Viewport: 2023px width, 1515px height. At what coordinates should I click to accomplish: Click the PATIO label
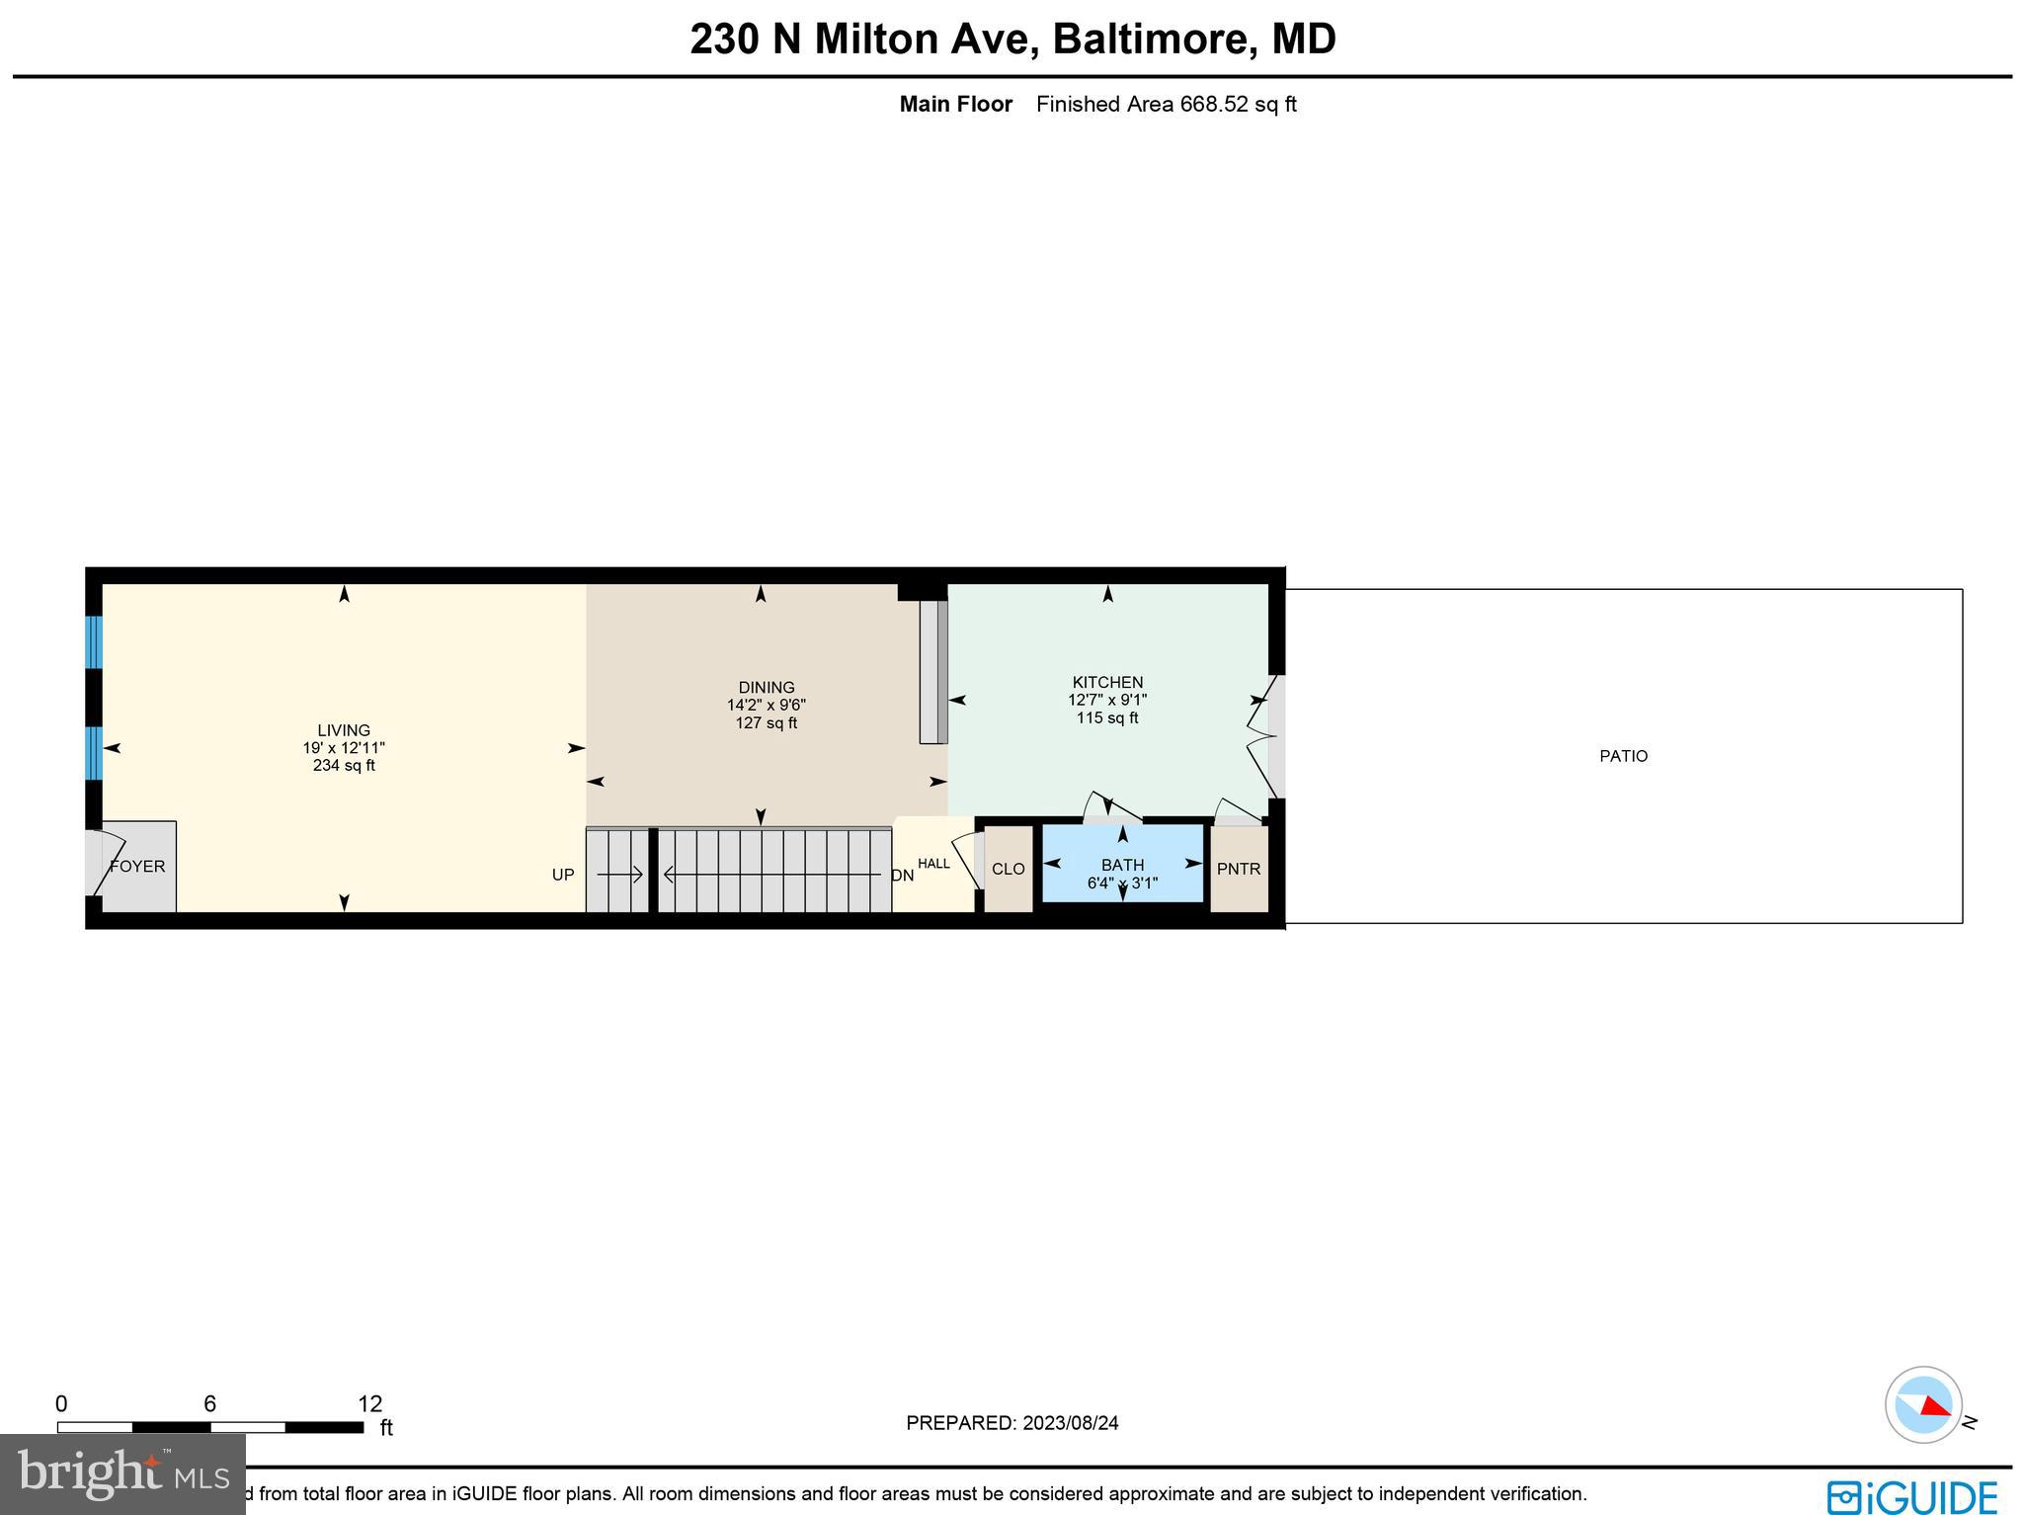pos(1623,756)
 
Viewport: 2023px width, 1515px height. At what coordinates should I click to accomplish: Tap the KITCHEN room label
pos(1107,682)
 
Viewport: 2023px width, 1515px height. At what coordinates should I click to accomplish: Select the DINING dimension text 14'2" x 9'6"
pos(766,706)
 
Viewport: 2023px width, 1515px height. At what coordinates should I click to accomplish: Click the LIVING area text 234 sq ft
pos(344,766)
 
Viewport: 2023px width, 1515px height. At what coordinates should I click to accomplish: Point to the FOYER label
pos(137,867)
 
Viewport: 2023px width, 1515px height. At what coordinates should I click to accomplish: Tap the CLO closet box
pos(1008,869)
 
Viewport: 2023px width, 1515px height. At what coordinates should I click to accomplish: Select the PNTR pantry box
pos(1239,869)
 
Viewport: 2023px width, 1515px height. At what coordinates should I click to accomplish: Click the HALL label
pos(933,864)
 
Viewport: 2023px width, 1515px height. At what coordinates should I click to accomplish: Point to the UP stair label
pos(563,875)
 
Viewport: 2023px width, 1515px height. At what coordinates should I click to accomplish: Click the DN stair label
pos(902,876)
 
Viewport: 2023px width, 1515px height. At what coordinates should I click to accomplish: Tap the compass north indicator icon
pos(1923,1404)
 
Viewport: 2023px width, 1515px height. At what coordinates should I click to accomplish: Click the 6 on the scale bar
pos(209,1404)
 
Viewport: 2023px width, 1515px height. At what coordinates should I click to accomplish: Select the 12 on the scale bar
pos(369,1404)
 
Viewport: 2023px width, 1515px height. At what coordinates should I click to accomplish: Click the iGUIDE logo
pos(1911,1496)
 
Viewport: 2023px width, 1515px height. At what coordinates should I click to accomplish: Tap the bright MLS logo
pos(122,1473)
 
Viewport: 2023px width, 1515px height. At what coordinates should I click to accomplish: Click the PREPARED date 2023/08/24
pos(1071,1423)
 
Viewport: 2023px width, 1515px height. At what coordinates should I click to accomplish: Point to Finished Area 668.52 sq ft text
pos(1166,104)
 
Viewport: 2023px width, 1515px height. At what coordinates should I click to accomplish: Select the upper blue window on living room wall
pos(94,642)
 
